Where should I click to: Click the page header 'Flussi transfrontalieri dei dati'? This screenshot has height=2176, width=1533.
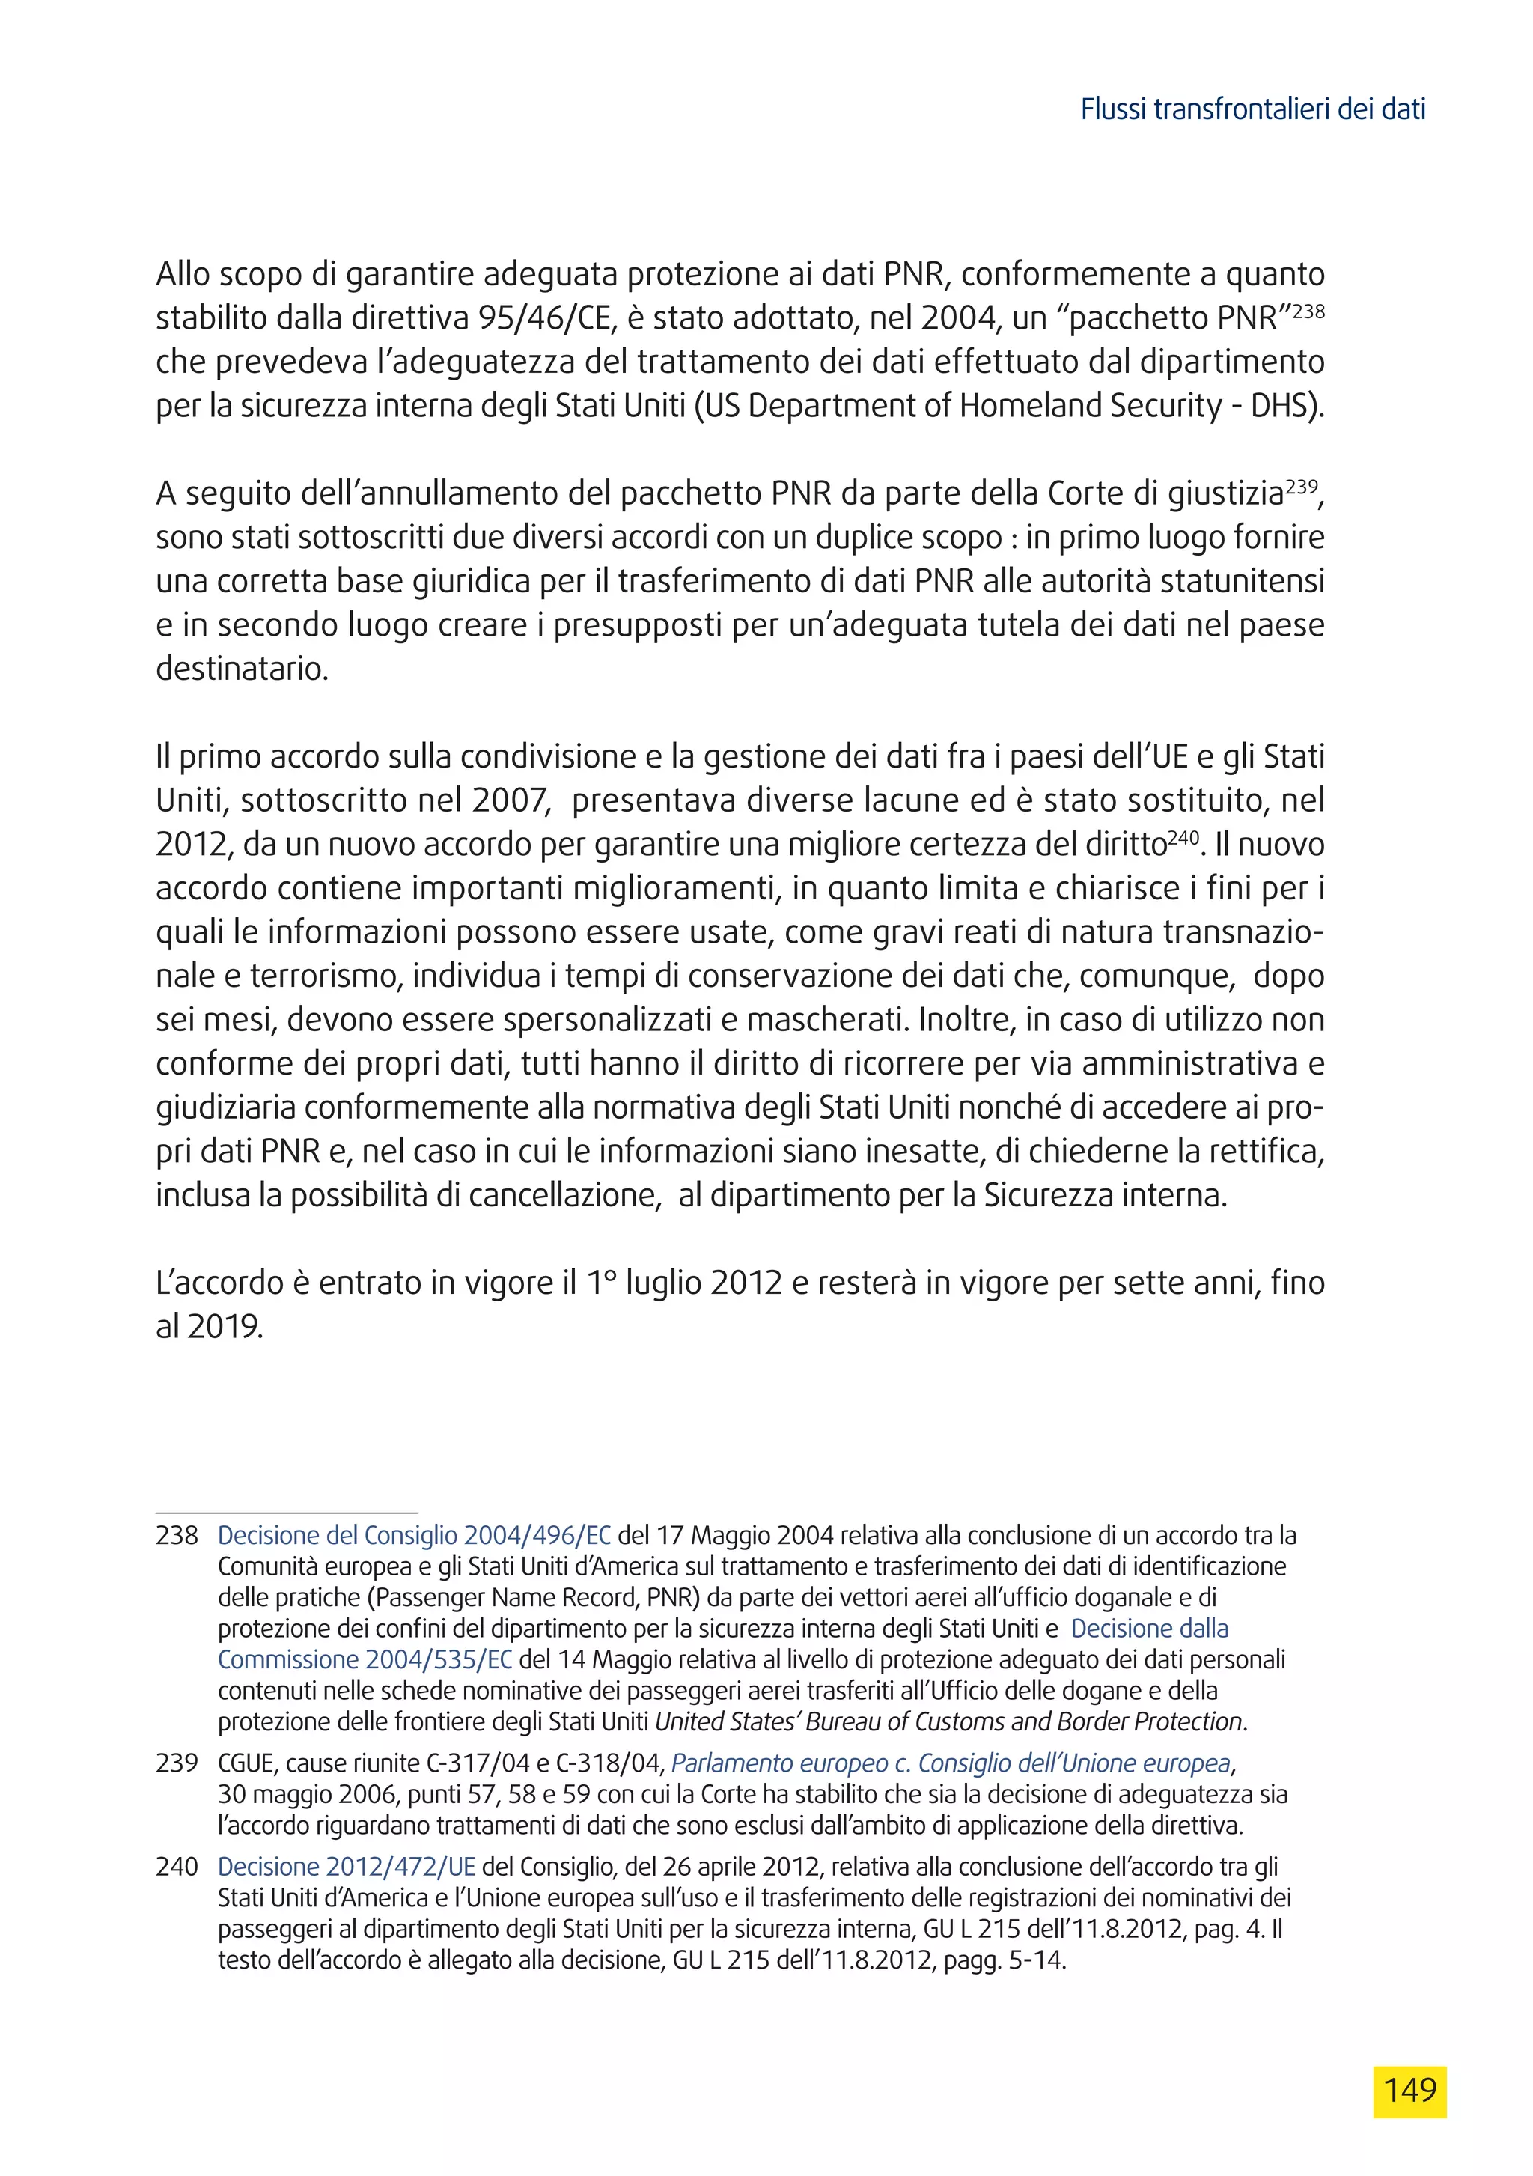[x=1252, y=110]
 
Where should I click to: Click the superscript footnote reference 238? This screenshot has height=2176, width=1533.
[x=1308, y=310]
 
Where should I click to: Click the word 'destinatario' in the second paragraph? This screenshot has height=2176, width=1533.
[x=241, y=669]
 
